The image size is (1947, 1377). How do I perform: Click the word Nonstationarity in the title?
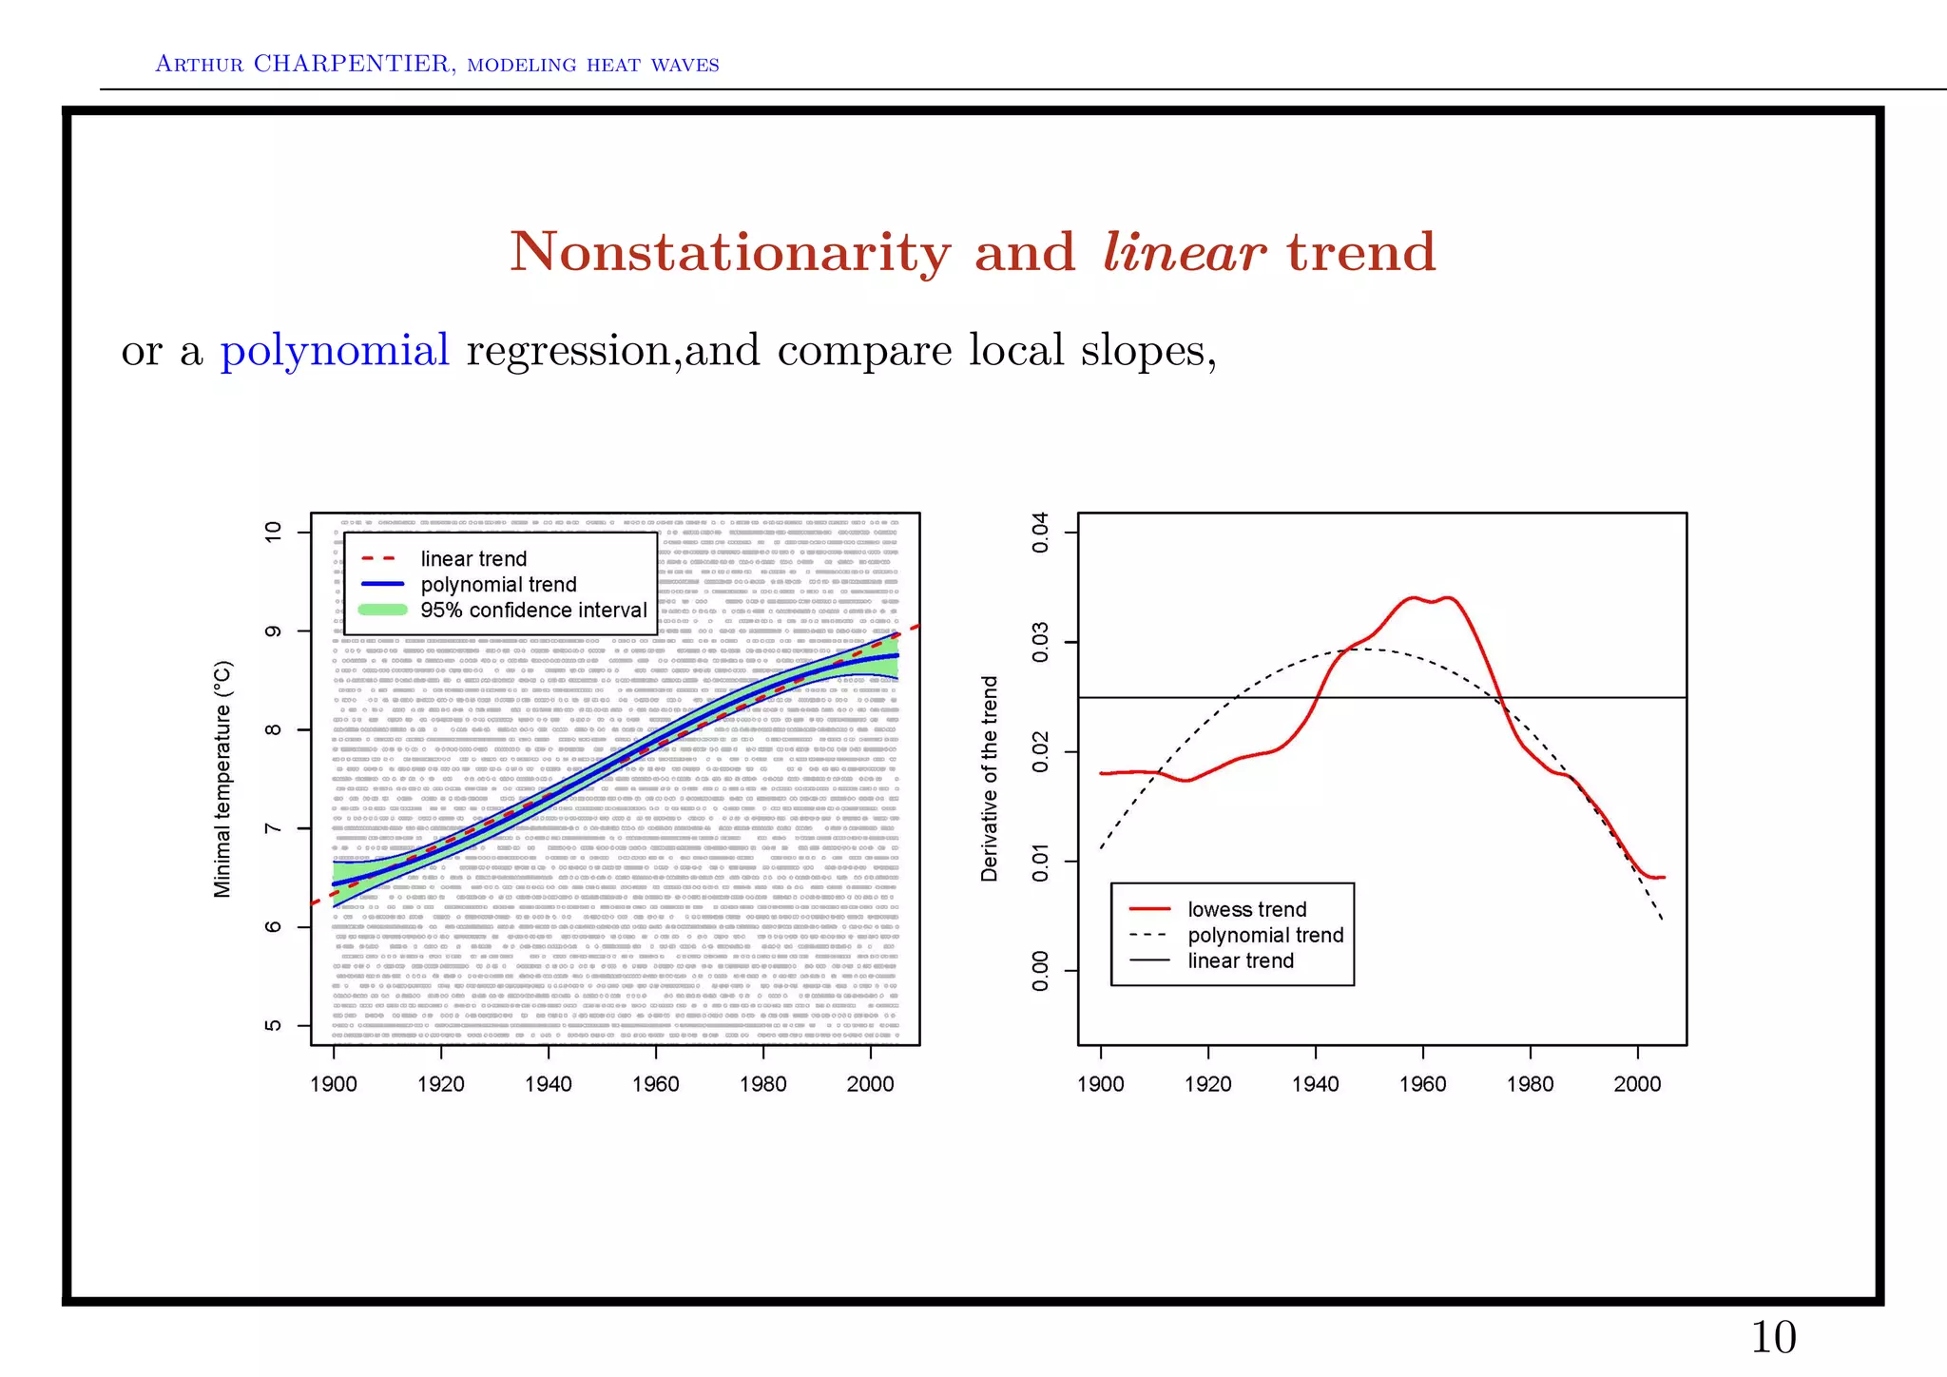click(x=729, y=253)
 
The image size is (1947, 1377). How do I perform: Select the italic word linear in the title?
click(x=1183, y=253)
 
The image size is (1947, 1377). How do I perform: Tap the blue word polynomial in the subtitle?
click(x=335, y=351)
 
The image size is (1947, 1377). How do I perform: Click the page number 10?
click(x=1773, y=1338)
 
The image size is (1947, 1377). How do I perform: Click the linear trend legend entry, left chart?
click(x=472, y=559)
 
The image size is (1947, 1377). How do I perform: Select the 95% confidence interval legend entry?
click(x=532, y=611)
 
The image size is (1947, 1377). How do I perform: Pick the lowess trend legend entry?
click(x=1246, y=910)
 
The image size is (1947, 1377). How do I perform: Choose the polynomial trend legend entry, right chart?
click(x=1264, y=936)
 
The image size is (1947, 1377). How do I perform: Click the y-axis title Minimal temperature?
click(x=222, y=779)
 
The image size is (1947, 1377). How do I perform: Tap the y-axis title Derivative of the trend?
click(x=990, y=779)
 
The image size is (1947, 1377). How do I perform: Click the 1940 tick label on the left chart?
click(x=549, y=1084)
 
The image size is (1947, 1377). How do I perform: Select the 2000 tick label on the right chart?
click(x=1637, y=1084)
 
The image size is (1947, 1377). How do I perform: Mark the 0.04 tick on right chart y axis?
click(x=1041, y=532)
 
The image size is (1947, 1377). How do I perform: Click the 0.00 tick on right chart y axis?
click(x=1041, y=971)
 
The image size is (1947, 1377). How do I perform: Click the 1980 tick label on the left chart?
click(x=763, y=1084)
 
